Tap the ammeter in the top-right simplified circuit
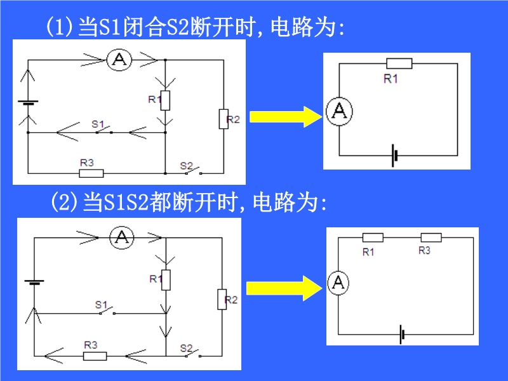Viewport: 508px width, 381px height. pyautogui.click(x=338, y=111)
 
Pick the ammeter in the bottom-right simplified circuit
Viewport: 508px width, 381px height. pyautogui.click(x=338, y=283)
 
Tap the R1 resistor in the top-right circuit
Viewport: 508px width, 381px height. pyautogui.click(x=399, y=63)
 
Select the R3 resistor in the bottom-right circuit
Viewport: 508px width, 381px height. pyautogui.click(x=431, y=237)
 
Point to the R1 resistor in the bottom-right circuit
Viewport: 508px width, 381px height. pyautogui.click(x=372, y=237)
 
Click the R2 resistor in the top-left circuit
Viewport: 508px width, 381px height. pyautogui.click(x=224, y=119)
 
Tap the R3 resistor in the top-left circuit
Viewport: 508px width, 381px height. pyautogui.click(x=91, y=173)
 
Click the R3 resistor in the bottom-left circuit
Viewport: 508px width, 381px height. pyautogui.click(x=95, y=356)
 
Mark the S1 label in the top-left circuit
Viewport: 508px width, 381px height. pyautogui.click(x=97, y=123)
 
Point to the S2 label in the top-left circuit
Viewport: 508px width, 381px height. pyautogui.click(x=186, y=165)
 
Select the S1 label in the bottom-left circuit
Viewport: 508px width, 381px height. pyautogui.click(x=101, y=305)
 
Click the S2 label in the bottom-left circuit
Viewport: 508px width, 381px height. pyautogui.click(x=186, y=347)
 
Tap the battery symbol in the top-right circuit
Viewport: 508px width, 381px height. pyautogui.click(x=394, y=155)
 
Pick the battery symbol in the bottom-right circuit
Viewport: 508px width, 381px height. pyautogui.click(x=401, y=334)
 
